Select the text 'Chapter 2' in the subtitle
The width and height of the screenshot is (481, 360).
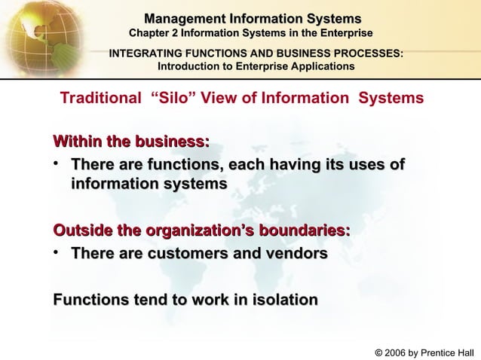tap(152, 34)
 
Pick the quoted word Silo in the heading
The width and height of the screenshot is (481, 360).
tap(173, 99)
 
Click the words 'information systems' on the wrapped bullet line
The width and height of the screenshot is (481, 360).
tap(149, 185)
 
